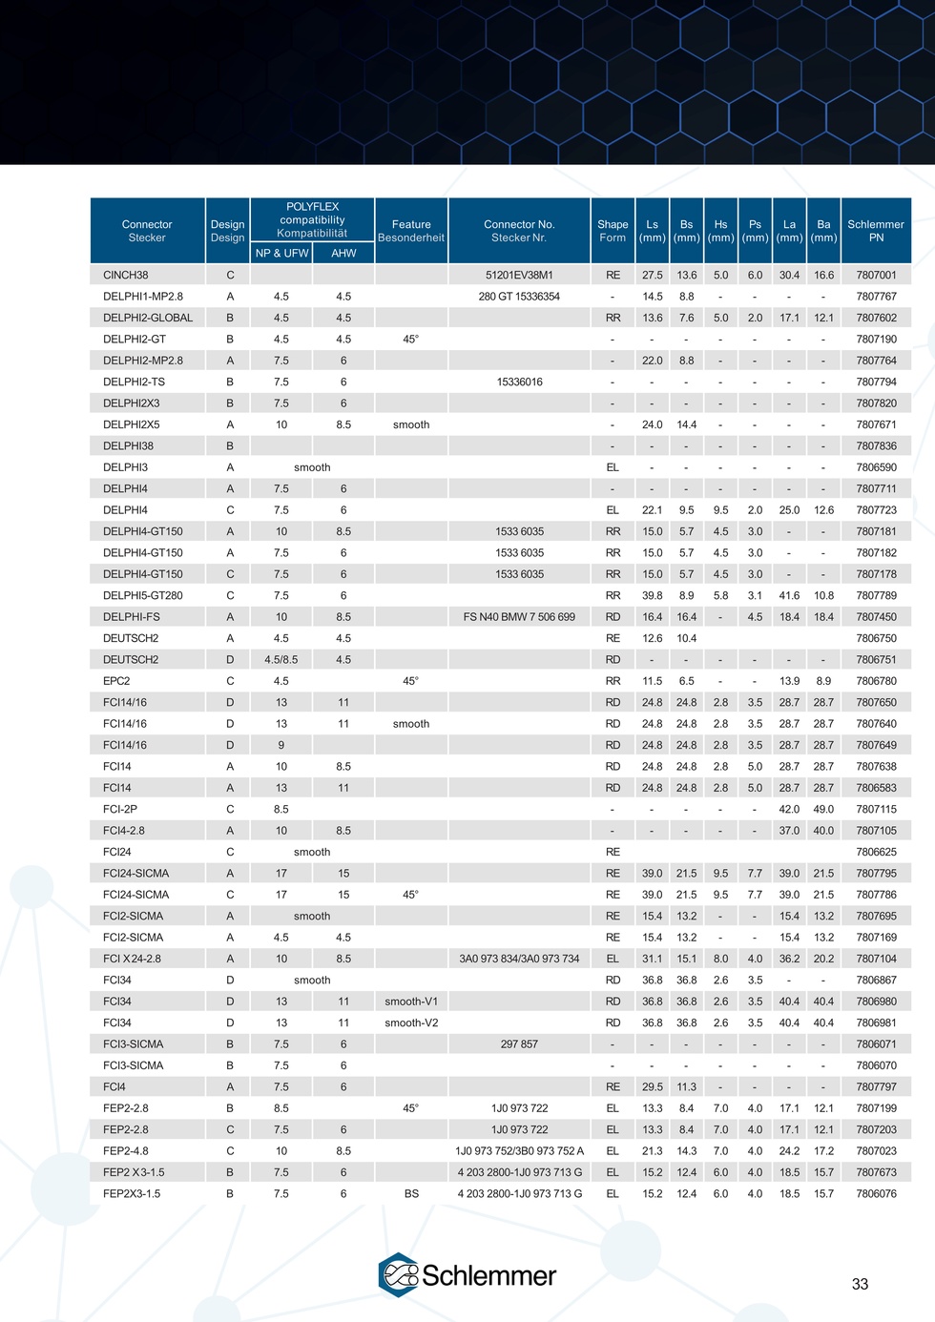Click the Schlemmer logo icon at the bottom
pos(399,1275)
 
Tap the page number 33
pos(860,1284)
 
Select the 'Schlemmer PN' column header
pos(876,231)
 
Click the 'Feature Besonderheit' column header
pos(411,231)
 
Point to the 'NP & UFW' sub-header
pos(281,253)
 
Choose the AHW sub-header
pos(343,253)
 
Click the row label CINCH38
pos(126,275)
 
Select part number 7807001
pos(876,275)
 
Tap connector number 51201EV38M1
pos(519,275)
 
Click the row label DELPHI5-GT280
pos(143,595)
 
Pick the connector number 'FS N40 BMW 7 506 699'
pos(519,617)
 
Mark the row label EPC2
pos(116,681)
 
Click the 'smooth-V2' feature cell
pos(411,1022)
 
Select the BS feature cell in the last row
pos(411,1193)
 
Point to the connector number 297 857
pos(519,1044)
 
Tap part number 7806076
pos(876,1193)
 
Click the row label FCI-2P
pos(120,809)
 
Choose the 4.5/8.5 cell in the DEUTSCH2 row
pos(281,659)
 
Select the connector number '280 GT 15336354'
pos(519,297)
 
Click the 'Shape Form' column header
pos(613,231)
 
